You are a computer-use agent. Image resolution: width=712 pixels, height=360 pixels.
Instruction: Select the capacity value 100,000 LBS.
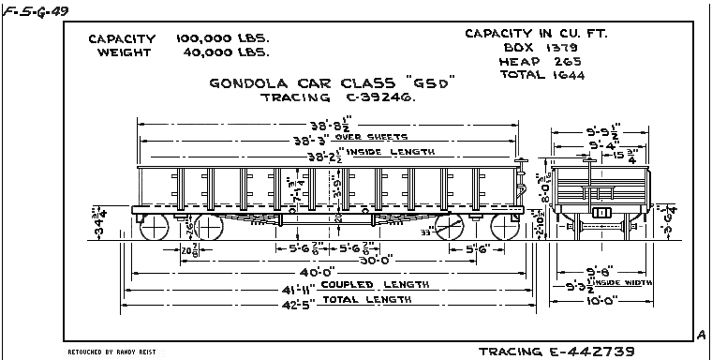(x=223, y=39)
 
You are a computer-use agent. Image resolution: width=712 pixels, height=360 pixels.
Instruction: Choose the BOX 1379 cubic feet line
(x=541, y=46)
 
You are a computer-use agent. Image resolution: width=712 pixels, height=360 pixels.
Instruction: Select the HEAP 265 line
(x=541, y=60)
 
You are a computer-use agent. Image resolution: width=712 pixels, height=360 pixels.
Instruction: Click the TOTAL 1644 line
(x=541, y=74)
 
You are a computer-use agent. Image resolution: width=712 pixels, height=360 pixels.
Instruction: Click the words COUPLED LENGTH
(x=374, y=285)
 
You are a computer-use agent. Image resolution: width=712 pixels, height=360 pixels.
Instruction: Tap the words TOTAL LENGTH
(x=366, y=300)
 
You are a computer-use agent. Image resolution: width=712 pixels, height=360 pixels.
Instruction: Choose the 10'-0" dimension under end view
(x=599, y=301)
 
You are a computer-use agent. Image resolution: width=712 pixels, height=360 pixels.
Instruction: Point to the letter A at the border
(x=701, y=334)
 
